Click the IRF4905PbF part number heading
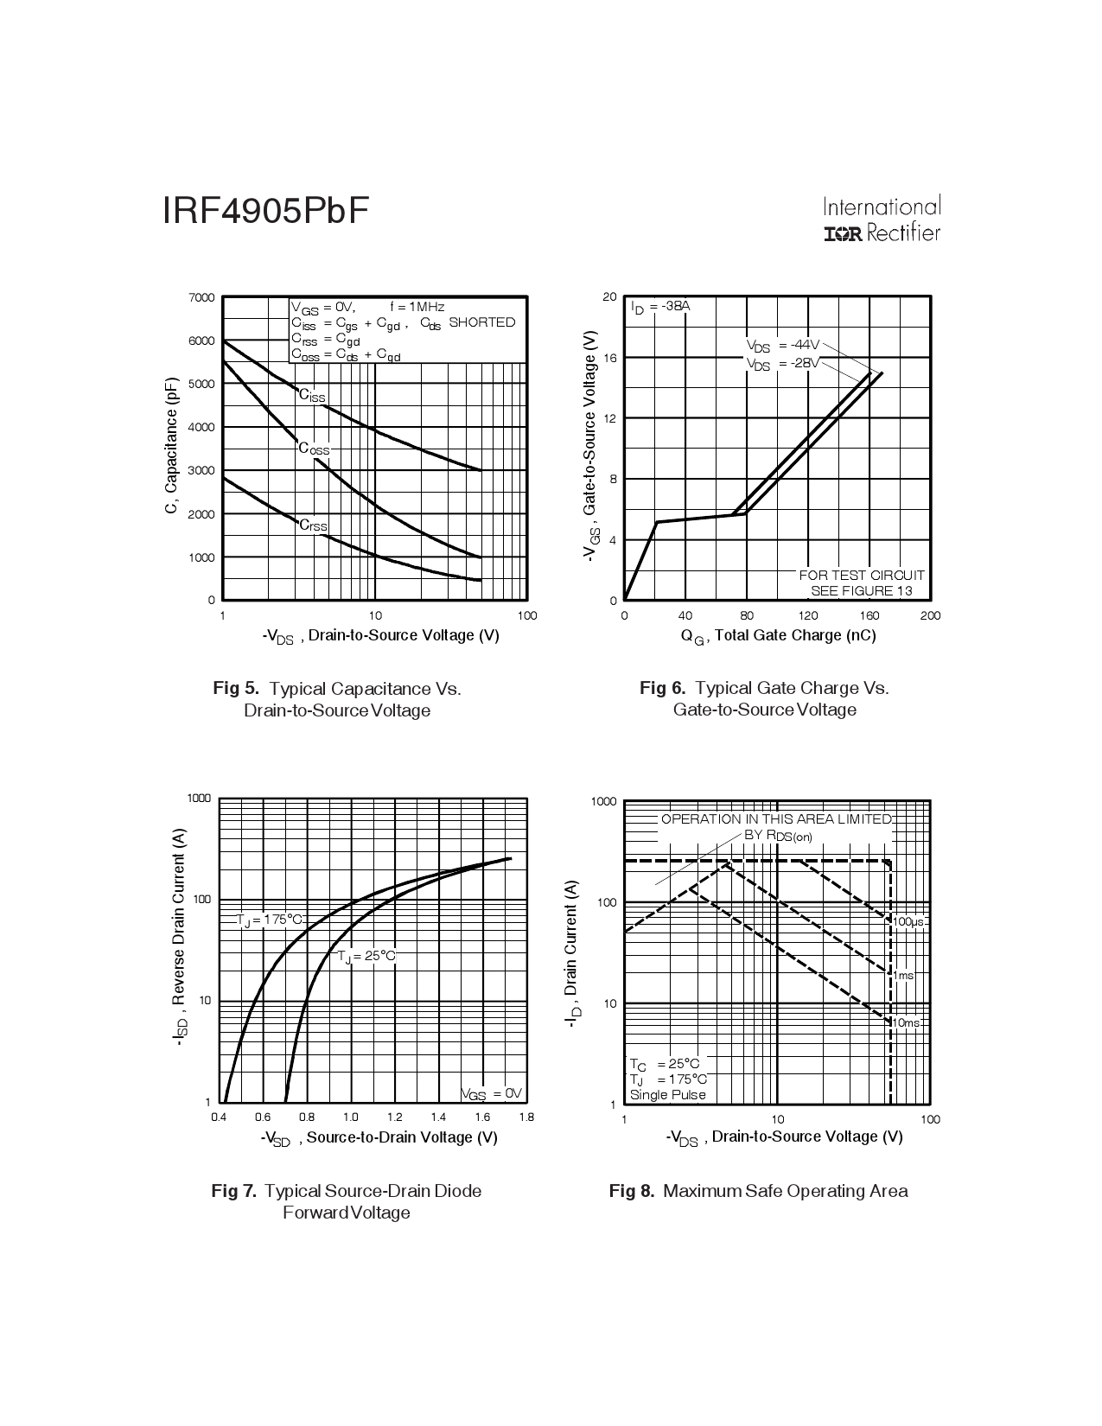coord(265,212)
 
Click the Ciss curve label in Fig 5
coord(312,396)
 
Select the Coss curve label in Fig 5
coord(314,449)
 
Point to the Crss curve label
coord(313,525)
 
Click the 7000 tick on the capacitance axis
coord(201,298)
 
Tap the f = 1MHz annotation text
coord(417,307)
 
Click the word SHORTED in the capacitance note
coord(481,322)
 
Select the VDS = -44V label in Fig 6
coord(782,346)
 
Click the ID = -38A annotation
coord(660,307)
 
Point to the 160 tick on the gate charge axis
coord(869,615)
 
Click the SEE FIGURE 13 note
coord(861,591)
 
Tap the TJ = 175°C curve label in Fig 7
coord(270,920)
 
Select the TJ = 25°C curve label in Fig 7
coord(366,956)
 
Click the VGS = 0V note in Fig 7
coord(491,1094)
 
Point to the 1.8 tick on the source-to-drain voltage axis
coord(526,1117)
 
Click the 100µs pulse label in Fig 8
coord(908,922)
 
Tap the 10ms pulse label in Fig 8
coord(906,1023)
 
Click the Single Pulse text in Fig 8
coord(667,1095)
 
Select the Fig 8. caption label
coord(632,1192)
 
